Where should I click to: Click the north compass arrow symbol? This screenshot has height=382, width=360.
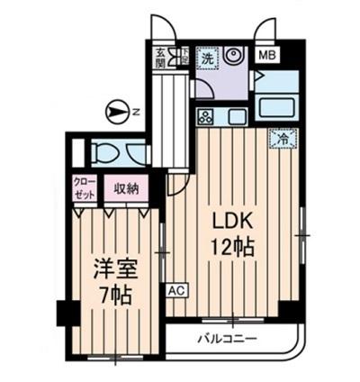click(115, 112)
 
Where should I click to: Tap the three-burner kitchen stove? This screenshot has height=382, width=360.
click(205, 116)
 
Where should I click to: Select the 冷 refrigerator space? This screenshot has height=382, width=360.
click(281, 140)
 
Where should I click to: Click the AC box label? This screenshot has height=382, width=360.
click(176, 291)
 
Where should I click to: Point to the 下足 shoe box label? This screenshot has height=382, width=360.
click(183, 56)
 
